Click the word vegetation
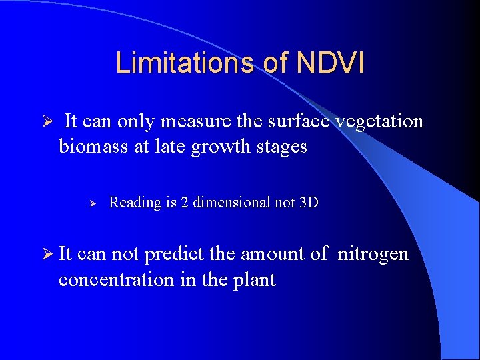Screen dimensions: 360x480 379,121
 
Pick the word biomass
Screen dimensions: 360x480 94,146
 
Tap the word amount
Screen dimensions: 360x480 274,255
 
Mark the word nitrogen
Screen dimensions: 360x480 373,255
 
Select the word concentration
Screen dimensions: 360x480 117,279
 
